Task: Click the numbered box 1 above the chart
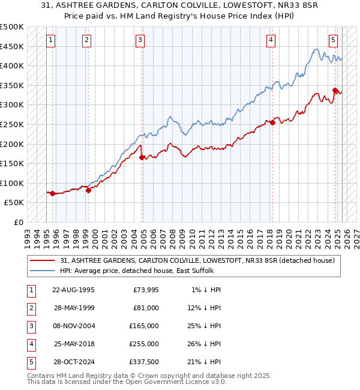click(x=50, y=40)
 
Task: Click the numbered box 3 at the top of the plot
click(x=140, y=40)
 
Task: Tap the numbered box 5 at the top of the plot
click(x=333, y=40)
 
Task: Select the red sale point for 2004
click(x=142, y=158)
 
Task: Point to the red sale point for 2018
click(x=272, y=123)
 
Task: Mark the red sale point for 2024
click(x=335, y=91)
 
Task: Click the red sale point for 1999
click(x=88, y=190)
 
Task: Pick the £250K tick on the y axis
click(x=12, y=125)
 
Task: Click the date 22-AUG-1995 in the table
click(x=73, y=290)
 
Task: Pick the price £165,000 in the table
click(x=145, y=326)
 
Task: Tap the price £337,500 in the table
click(x=145, y=362)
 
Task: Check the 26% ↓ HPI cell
click(x=205, y=344)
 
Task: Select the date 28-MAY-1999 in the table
click(x=73, y=308)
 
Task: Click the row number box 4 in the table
click(x=30, y=344)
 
